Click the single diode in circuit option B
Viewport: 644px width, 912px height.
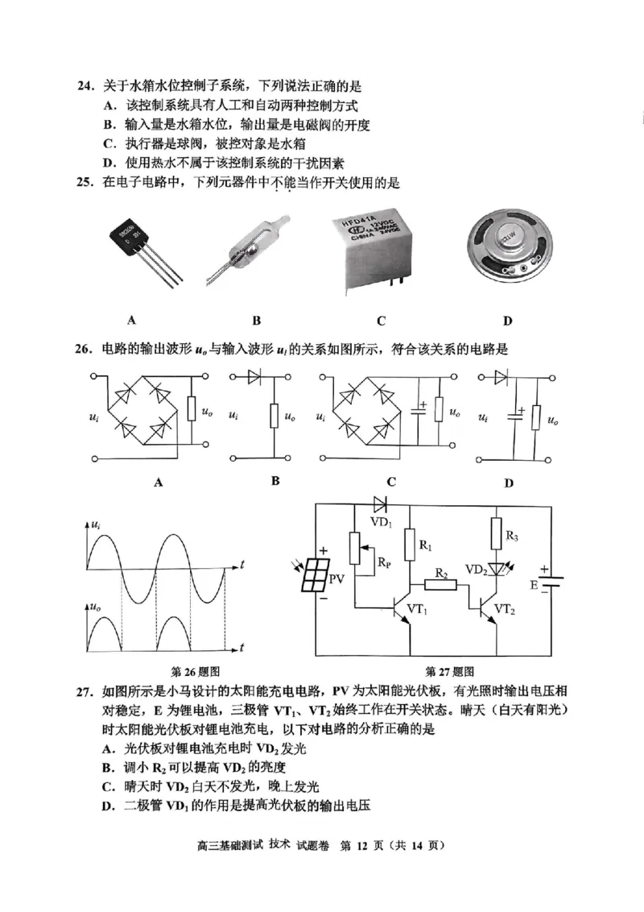click(x=256, y=375)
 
